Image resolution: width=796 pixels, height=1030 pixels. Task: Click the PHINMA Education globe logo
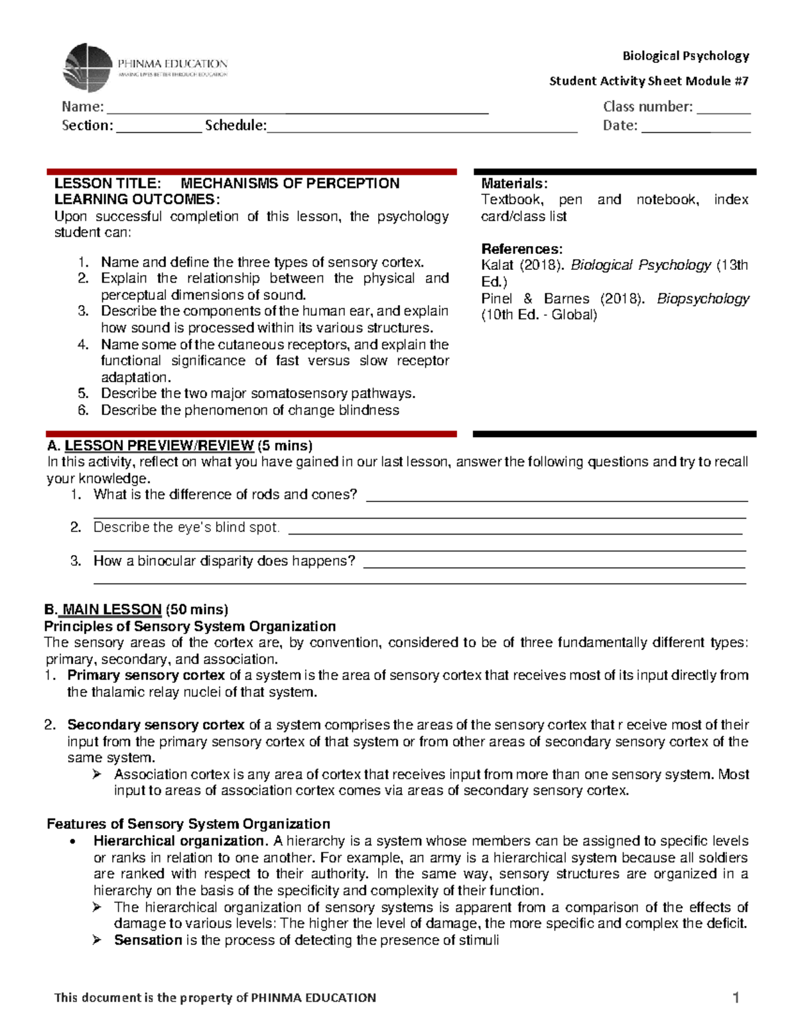[x=87, y=68]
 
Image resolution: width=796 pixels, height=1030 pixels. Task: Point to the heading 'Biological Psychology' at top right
[x=685, y=56]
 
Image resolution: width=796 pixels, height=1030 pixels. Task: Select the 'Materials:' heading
[x=514, y=184]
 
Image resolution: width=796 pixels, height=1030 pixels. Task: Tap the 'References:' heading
[x=521, y=249]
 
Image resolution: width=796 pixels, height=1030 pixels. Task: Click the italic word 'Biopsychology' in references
[x=702, y=299]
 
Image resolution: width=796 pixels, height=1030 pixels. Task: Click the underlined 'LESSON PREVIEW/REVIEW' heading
[x=159, y=446]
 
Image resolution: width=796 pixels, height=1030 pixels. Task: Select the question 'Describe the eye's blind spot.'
[x=186, y=527]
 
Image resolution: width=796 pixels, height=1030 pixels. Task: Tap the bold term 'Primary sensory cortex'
[x=146, y=675]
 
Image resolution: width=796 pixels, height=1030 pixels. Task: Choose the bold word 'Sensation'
[x=148, y=940]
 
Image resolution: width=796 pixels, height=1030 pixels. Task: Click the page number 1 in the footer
[x=736, y=998]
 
